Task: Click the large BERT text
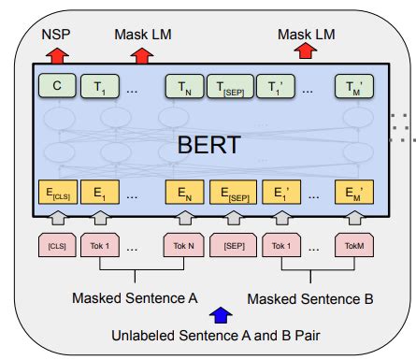210,146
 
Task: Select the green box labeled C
57,88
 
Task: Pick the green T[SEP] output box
228,88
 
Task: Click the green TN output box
181,88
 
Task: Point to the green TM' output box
354,88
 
